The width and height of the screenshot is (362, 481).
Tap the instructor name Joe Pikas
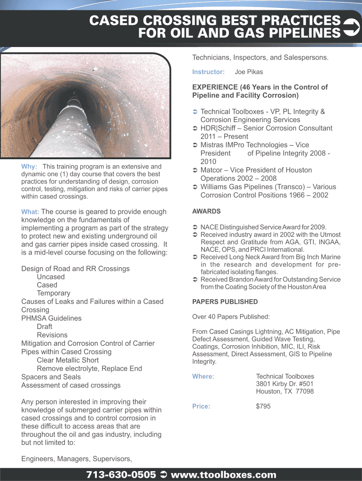(249, 72)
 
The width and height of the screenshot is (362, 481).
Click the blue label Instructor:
(208, 72)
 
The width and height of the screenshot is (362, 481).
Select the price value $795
(263, 406)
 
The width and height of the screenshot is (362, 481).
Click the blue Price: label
(201, 406)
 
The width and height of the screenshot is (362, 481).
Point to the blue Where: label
(203, 376)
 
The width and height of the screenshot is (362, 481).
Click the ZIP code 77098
(304, 391)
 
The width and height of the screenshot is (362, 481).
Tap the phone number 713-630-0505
(121, 474)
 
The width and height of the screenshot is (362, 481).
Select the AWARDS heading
(206, 211)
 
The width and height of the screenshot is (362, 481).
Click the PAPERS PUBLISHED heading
(225, 302)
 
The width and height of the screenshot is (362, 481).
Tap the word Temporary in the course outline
(54, 293)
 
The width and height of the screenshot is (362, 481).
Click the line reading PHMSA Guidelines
(51, 318)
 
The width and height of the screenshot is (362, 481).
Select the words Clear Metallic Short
(68, 360)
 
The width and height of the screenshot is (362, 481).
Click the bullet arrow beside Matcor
(195, 170)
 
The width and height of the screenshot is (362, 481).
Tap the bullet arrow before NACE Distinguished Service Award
(195, 227)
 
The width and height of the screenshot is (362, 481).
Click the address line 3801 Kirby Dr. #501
(285, 384)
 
